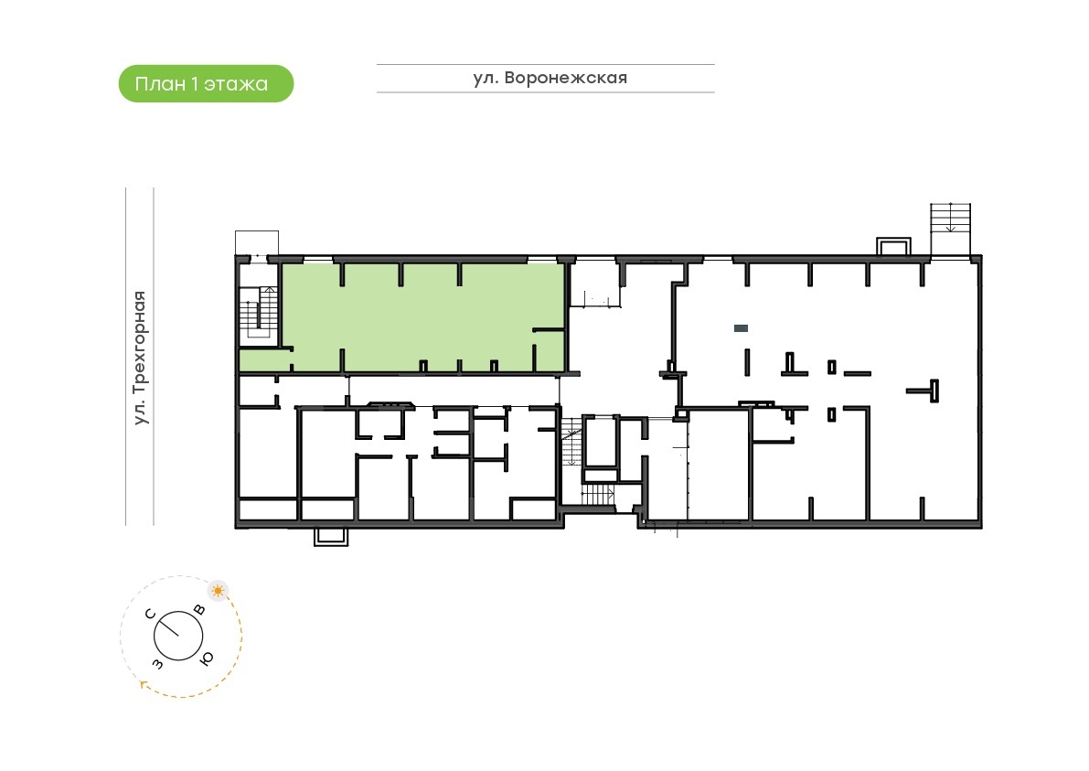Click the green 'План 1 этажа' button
point(207,84)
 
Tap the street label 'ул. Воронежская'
point(550,78)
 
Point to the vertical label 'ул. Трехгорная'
point(140,358)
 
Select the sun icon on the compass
point(219,591)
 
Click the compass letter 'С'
point(150,614)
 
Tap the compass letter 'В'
point(199,610)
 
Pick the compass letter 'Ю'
point(207,658)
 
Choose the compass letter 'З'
point(157,664)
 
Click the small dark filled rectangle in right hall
point(741,328)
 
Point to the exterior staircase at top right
point(950,230)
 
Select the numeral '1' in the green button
point(195,83)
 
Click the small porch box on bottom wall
point(331,536)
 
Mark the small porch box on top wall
point(893,247)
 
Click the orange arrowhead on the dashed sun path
point(144,684)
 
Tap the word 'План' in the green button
point(160,84)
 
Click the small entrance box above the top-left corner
point(257,243)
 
